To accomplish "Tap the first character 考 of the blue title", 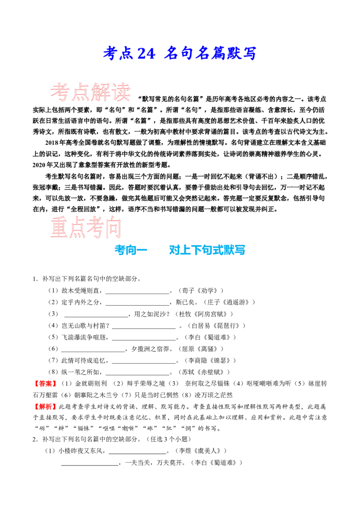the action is click(110, 54).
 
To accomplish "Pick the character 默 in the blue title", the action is click(233, 54).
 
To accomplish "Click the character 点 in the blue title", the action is click(126, 54).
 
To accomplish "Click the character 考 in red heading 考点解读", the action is click(60, 93).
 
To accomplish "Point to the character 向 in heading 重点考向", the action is click(113, 228).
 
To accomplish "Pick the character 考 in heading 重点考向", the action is click(95, 228).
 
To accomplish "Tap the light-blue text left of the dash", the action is click(126, 250).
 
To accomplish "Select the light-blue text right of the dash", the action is click(207, 250).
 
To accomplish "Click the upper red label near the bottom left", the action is click(45, 384).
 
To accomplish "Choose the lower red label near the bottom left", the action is click(45, 406).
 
